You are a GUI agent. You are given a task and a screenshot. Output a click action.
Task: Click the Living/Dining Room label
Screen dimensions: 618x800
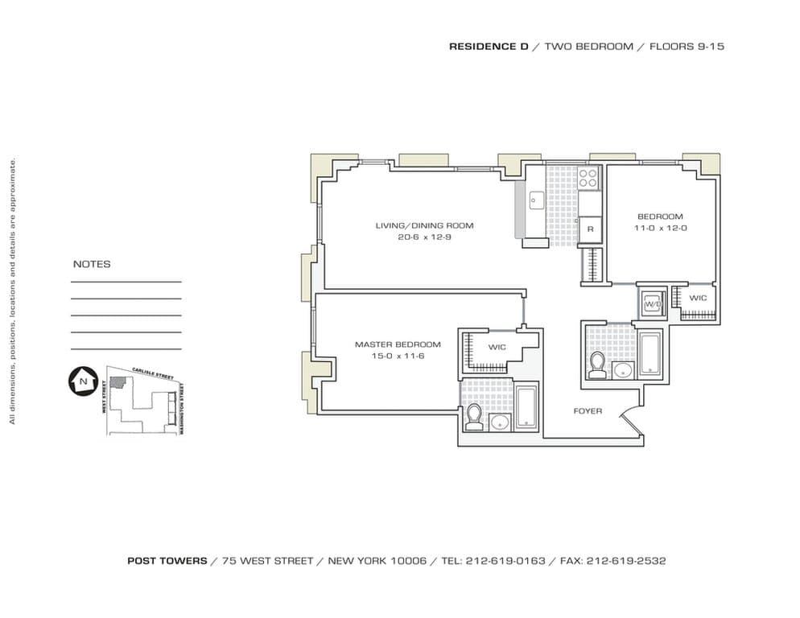tap(424, 225)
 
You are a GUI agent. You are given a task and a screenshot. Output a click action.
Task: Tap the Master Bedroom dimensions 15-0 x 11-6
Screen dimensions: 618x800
tap(398, 356)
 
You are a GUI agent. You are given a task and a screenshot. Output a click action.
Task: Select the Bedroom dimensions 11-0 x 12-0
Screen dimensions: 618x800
tap(660, 229)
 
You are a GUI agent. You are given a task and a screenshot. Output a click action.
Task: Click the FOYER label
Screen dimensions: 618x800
tap(588, 411)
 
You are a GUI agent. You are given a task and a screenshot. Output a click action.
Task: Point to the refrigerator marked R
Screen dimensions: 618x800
tap(590, 229)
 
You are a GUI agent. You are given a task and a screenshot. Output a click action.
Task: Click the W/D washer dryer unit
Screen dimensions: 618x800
tap(651, 304)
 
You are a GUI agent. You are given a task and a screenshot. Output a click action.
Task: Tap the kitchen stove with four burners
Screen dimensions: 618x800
tap(589, 178)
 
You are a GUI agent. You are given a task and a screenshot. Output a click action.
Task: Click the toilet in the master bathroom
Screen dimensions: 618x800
tap(474, 417)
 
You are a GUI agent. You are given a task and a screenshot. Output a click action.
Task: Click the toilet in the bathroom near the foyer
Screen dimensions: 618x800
tap(596, 365)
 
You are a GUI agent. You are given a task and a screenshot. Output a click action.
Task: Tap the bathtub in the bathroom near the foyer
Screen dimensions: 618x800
tap(649, 353)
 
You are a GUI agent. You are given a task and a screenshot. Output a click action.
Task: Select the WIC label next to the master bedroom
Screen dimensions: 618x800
tap(497, 348)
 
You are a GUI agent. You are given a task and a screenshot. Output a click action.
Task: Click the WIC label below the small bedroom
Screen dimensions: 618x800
tap(698, 298)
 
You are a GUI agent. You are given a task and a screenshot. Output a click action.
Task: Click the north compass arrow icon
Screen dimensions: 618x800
tap(83, 379)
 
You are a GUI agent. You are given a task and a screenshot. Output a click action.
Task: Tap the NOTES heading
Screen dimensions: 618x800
tap(92, 264)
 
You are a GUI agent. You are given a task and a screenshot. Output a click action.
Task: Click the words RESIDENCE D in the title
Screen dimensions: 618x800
tap(489, 47)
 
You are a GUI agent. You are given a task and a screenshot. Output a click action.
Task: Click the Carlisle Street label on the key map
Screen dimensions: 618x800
tap(153, 376)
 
